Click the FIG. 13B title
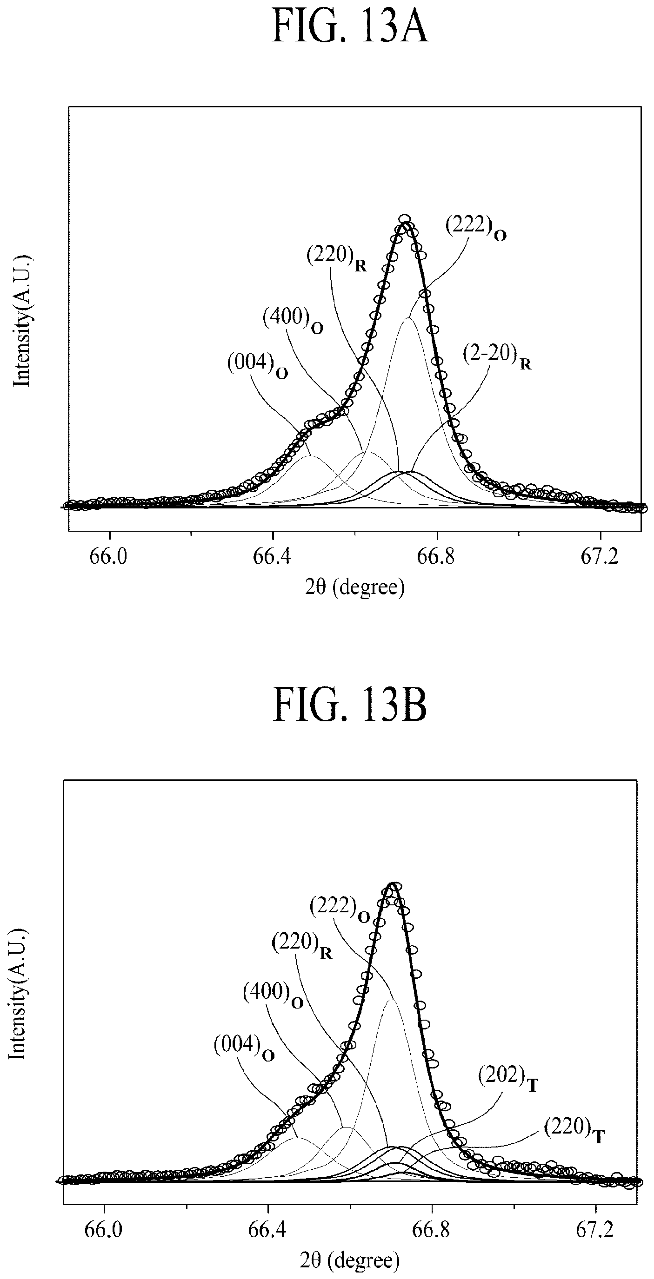click(x=349, y=706)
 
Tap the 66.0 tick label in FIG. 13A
click(x=109, y=557)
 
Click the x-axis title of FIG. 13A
click(x=355, y=588)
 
